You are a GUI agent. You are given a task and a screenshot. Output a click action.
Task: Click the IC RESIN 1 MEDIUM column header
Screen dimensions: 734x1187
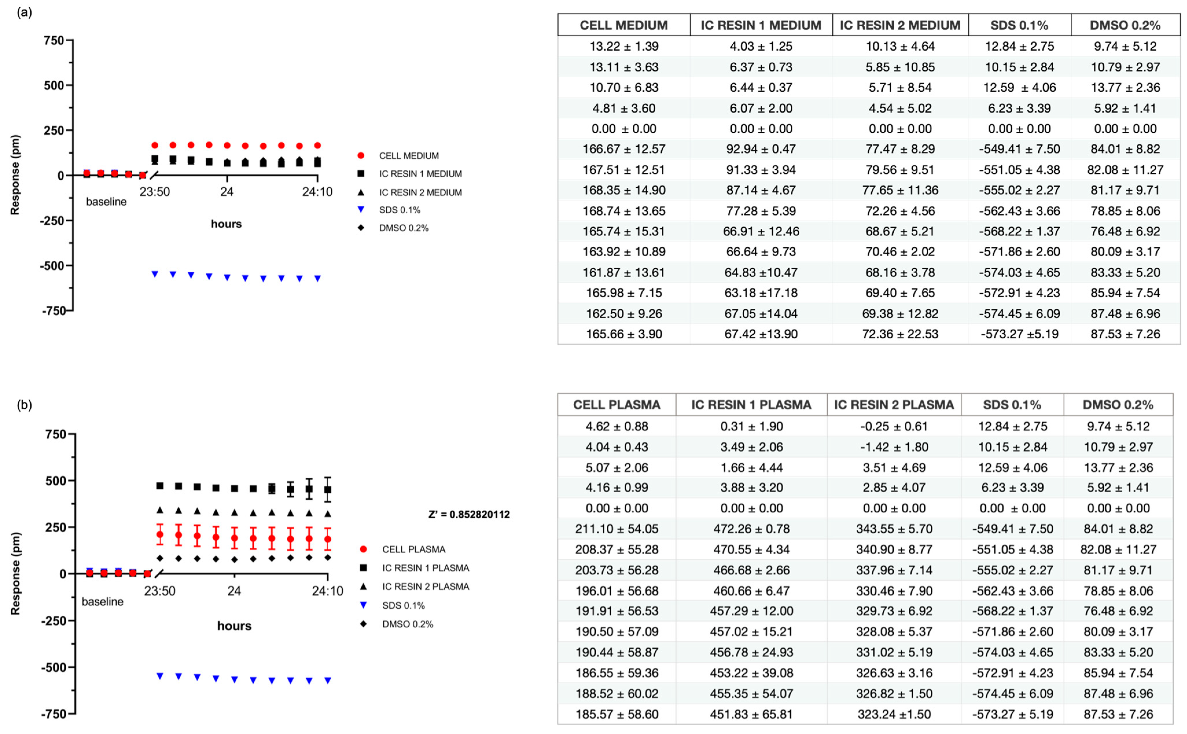[761, 25]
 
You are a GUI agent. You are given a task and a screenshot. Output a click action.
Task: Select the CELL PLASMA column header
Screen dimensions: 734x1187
[616, 405]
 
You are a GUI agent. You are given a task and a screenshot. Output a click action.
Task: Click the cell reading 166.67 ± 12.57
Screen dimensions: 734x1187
[624, 149]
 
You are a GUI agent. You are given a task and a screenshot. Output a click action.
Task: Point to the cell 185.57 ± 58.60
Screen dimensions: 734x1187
[616, 714]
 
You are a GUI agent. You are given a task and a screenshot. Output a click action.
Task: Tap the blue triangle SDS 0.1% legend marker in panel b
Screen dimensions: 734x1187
[363, 605]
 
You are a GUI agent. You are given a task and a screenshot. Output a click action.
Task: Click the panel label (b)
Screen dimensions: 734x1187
[24, 404]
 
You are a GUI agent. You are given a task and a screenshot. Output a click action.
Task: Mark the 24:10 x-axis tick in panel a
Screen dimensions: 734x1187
[317, 192]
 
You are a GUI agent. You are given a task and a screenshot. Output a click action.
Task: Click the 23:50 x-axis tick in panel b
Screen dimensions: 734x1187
[160, 591]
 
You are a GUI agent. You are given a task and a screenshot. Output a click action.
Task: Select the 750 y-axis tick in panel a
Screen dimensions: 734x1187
[54, 40]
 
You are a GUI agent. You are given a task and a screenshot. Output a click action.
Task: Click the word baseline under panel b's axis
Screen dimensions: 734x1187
[102, 601]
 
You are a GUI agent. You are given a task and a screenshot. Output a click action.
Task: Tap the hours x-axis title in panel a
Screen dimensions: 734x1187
[226, 224]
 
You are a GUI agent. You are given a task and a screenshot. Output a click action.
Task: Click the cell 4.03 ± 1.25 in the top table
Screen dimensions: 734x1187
[761, 47]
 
